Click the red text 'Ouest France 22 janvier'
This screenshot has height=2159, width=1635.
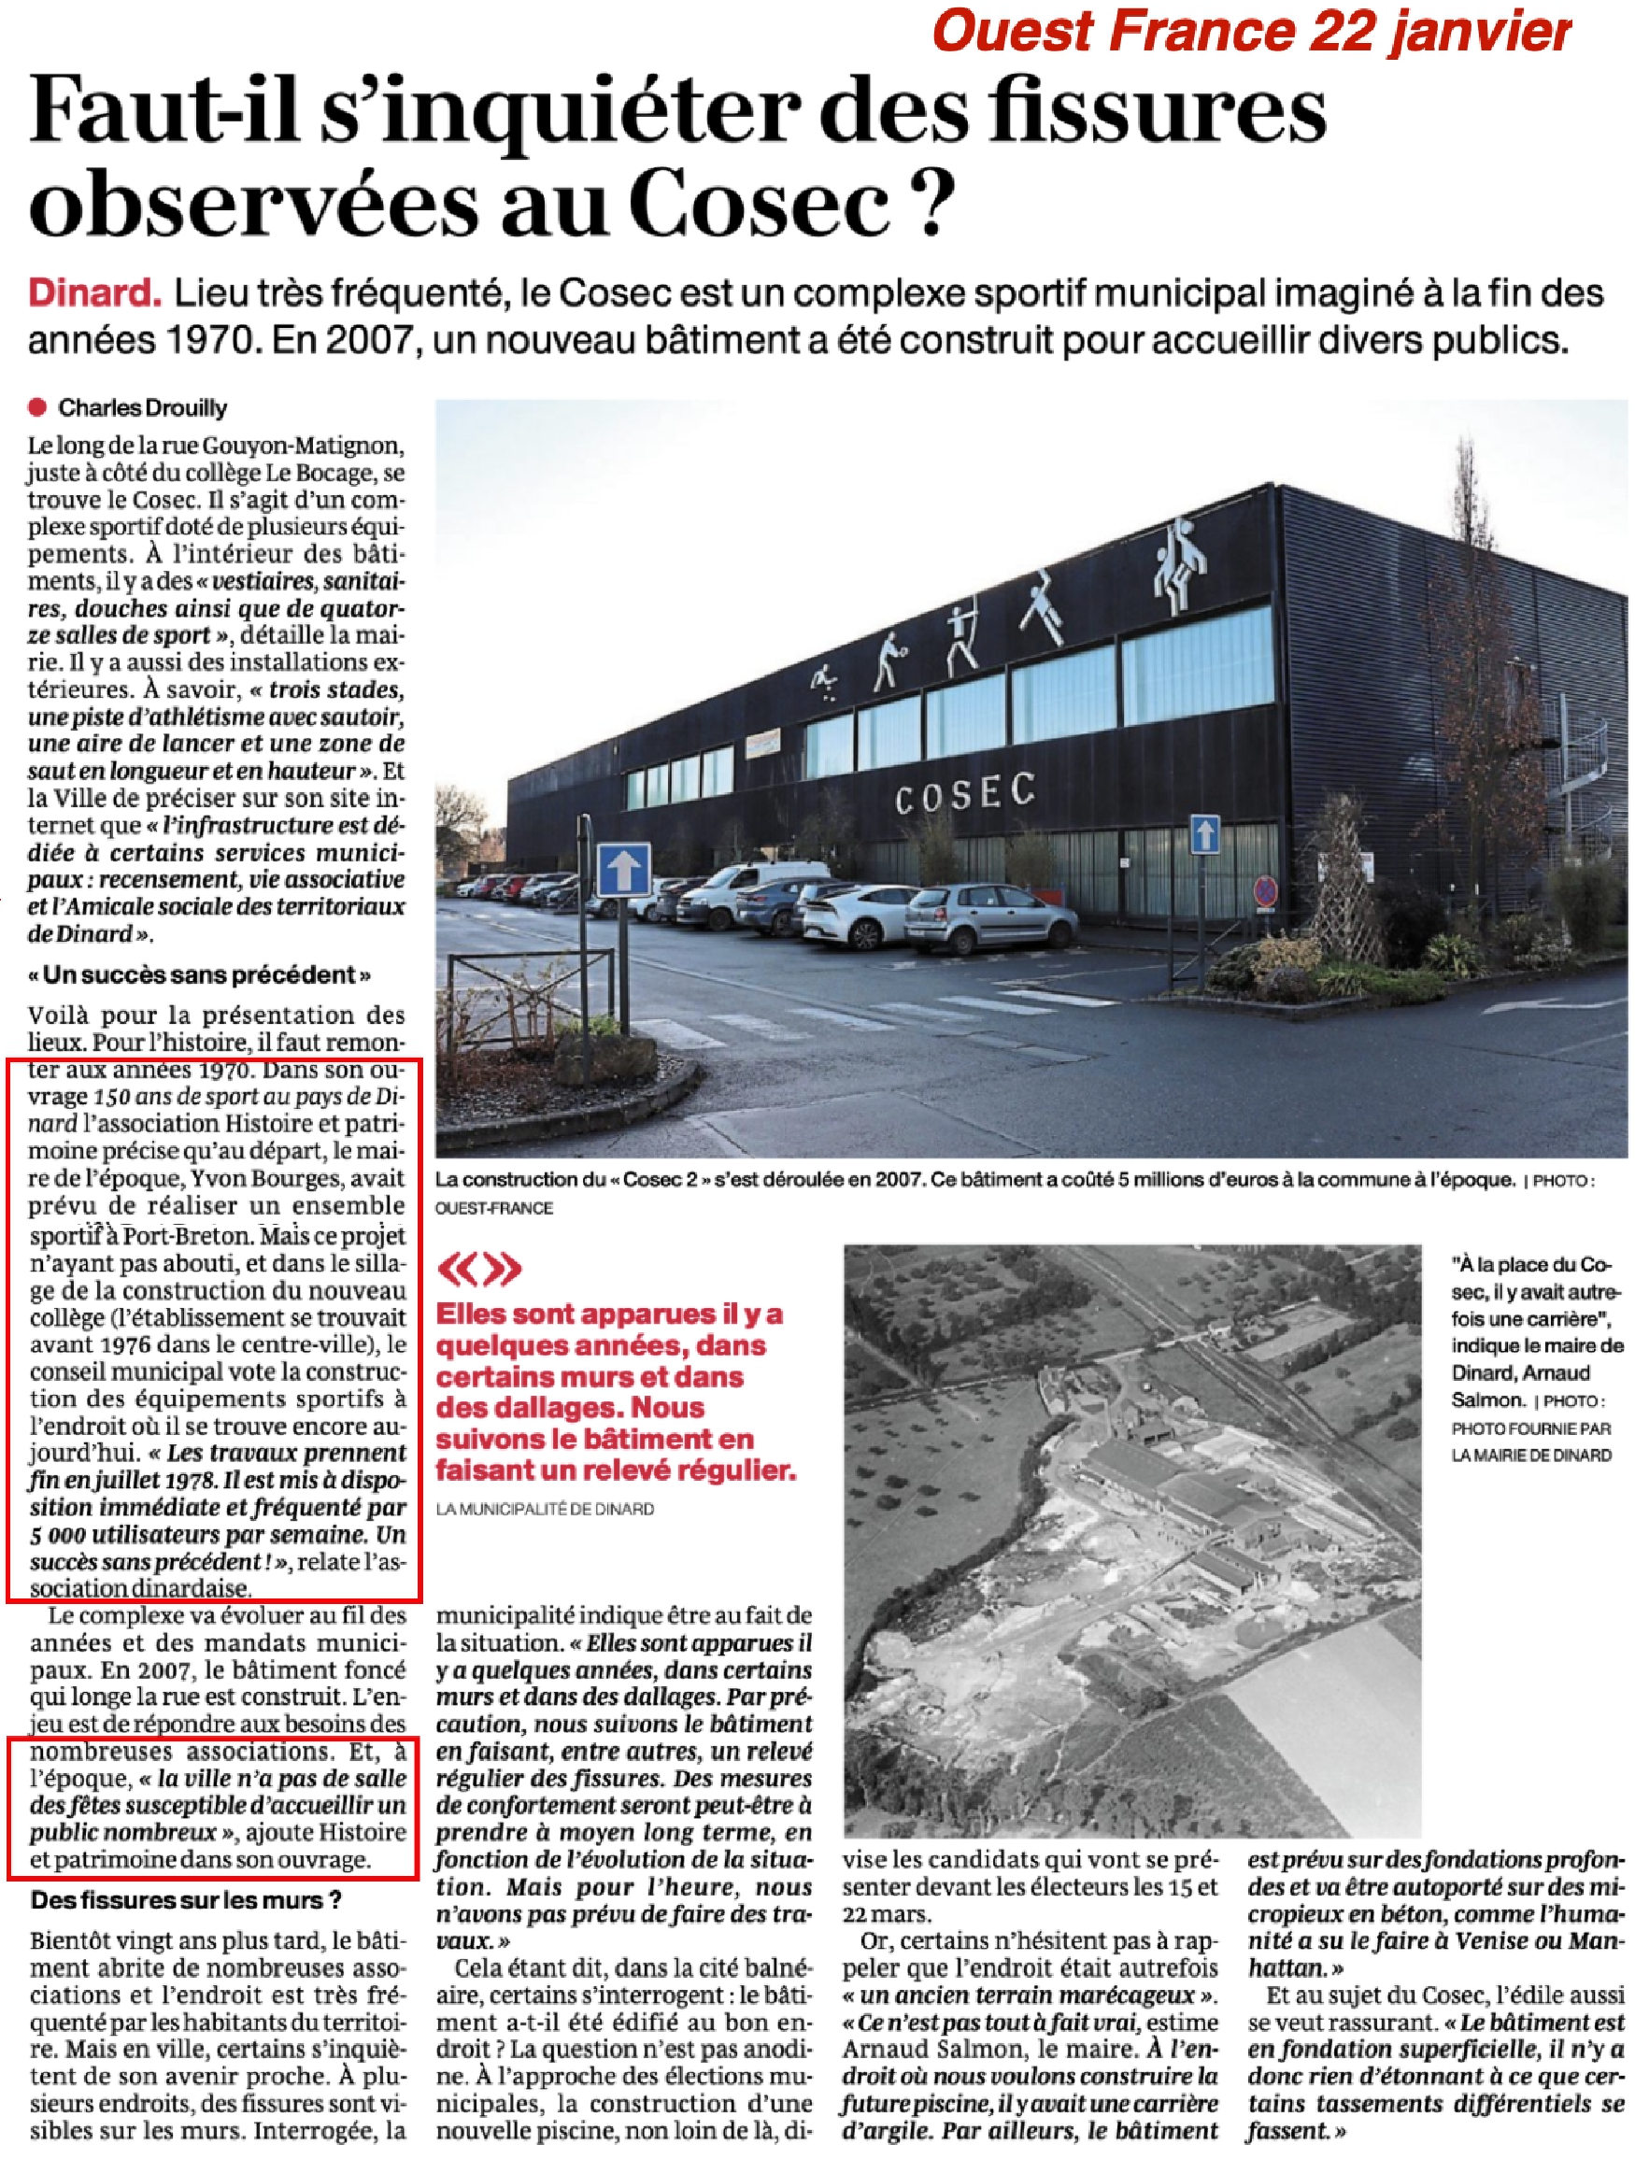[1250, 32]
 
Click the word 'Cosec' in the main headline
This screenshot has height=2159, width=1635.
[760, 202]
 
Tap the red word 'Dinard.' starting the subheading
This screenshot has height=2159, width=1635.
[94, 292]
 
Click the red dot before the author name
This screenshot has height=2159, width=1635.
[38, 408]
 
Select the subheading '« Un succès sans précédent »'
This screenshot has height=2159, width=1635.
[199, 975]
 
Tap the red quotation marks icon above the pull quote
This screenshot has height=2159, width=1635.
[479, 1268]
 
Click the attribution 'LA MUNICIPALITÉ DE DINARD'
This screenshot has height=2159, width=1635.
[545, 1509]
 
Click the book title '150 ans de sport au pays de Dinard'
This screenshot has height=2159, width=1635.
[244, 1096]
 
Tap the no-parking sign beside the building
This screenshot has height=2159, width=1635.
[1265, 890]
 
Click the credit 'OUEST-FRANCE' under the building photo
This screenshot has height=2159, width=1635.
[494, 1207]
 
